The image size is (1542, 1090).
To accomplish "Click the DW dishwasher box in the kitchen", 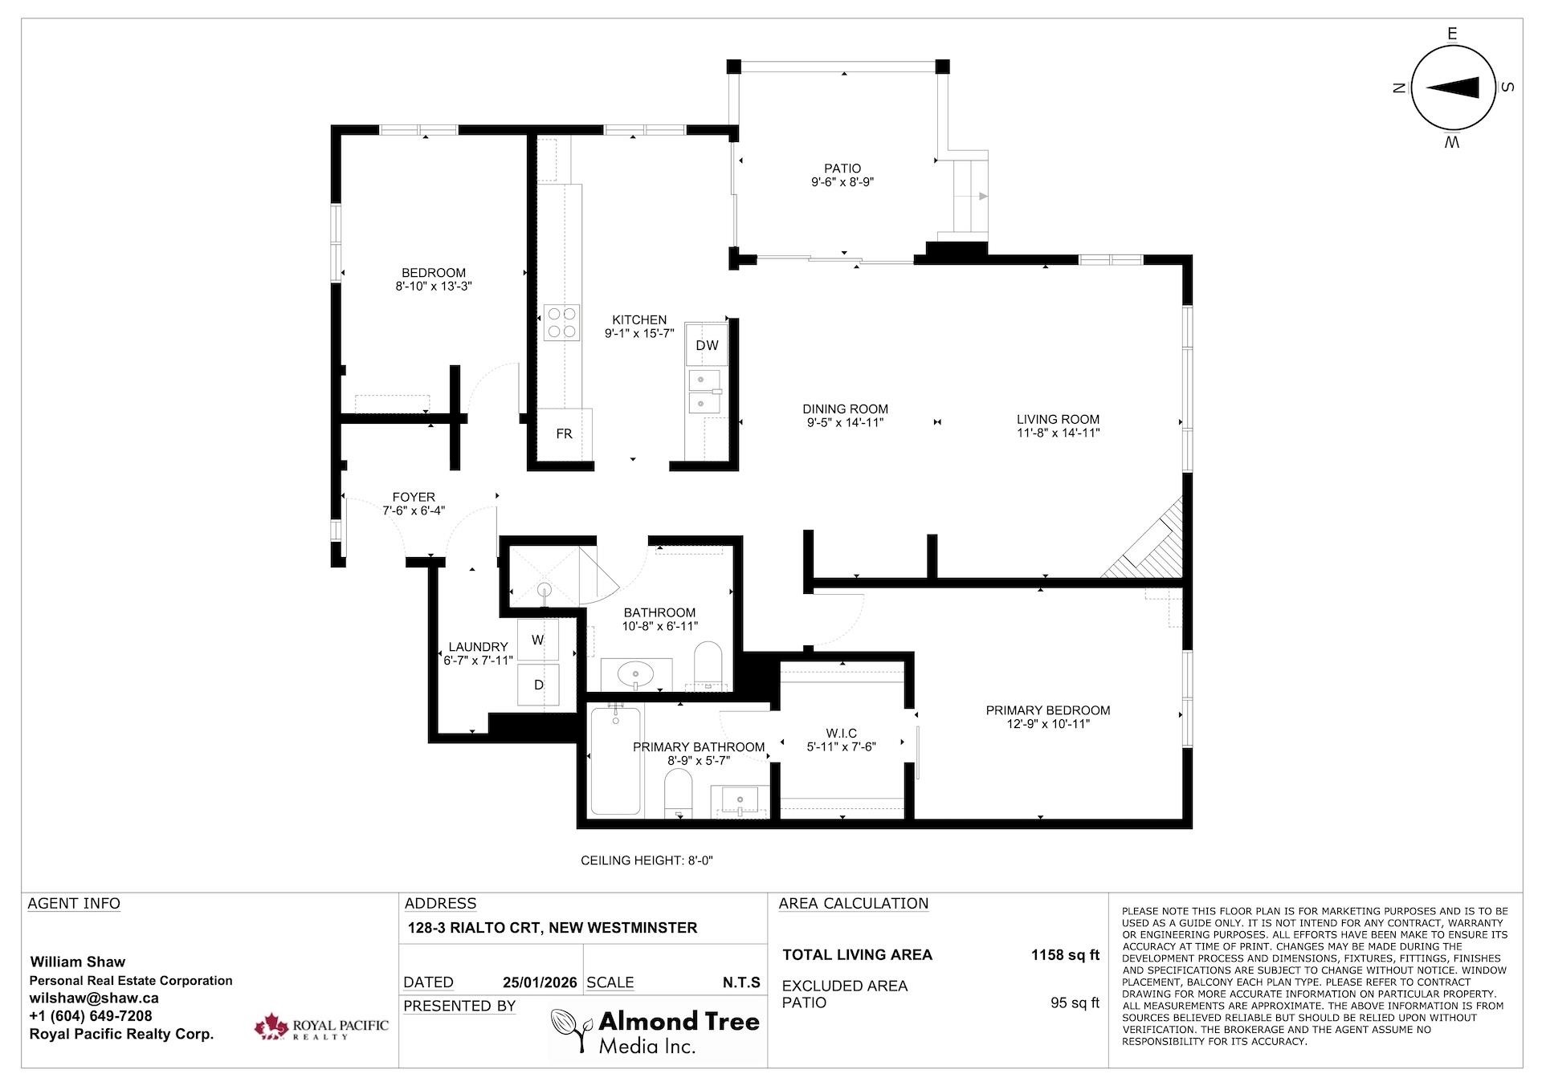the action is [707, 345].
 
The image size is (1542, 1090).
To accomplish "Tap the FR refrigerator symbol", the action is [565, 434].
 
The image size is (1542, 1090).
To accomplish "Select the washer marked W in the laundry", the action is [538, 640].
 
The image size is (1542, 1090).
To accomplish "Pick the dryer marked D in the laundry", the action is [538, 685].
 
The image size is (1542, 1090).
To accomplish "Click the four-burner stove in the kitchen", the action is [561, 322].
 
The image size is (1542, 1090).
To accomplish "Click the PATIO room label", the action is [842, 169].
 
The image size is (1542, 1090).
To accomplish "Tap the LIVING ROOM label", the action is [1058, 419].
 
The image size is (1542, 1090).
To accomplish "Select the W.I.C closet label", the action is [842, 733].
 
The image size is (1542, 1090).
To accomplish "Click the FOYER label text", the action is [414, 498].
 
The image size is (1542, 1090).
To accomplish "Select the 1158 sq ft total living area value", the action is [1065, 955].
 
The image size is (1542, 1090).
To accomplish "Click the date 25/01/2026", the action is [540, 982].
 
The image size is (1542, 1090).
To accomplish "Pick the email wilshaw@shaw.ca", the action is [94, 998].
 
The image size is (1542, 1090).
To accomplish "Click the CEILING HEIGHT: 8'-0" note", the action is [647, 860].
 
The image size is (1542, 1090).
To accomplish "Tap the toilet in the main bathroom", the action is [708, 665].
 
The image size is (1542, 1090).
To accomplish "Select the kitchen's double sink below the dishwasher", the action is [704, 391].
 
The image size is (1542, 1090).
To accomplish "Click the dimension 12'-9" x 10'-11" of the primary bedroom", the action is [1048, 724].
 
